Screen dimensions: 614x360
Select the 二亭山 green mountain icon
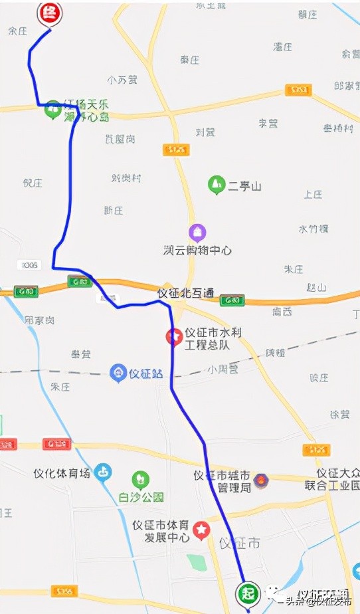(216, 185)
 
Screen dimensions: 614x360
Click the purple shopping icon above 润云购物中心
(197, 232)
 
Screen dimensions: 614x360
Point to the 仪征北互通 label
(185, 293)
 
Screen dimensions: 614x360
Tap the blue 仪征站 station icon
(118, 373)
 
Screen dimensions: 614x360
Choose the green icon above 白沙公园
(140, 479)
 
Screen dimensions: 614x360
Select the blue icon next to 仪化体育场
(102, 473)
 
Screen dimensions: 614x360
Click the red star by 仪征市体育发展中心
(201, 530)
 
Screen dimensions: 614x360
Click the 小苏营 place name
(122, 80)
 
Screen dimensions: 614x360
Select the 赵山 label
(317, 288)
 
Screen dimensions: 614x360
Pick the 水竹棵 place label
(314, 229)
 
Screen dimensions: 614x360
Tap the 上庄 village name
(313, 195)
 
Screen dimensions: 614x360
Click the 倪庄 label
(33, 183)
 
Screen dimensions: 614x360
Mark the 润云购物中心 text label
(197, 251)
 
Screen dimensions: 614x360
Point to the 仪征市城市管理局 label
(223, 482)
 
